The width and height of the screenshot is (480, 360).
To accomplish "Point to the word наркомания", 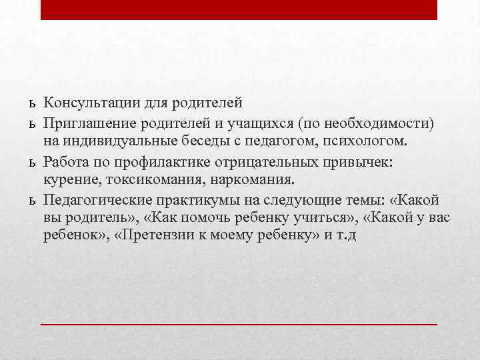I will [257, 179].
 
